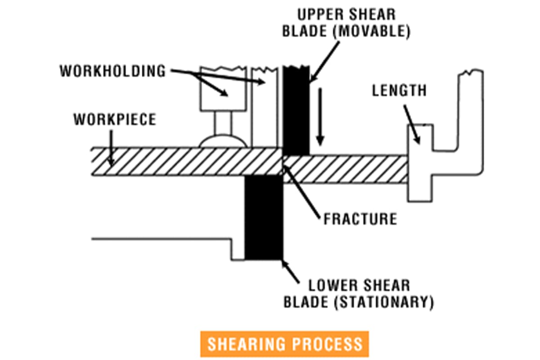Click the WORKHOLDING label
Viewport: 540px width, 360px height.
point(112,71)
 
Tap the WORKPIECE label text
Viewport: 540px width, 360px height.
point(115,120)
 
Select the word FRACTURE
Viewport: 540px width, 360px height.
point(360,219)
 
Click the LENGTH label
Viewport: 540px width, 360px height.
point(399,90)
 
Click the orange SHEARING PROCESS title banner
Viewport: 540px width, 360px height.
point(284,344)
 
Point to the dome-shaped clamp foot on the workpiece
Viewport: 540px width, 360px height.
point(223,141)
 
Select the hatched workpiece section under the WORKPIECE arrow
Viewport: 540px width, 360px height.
point(180,162)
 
